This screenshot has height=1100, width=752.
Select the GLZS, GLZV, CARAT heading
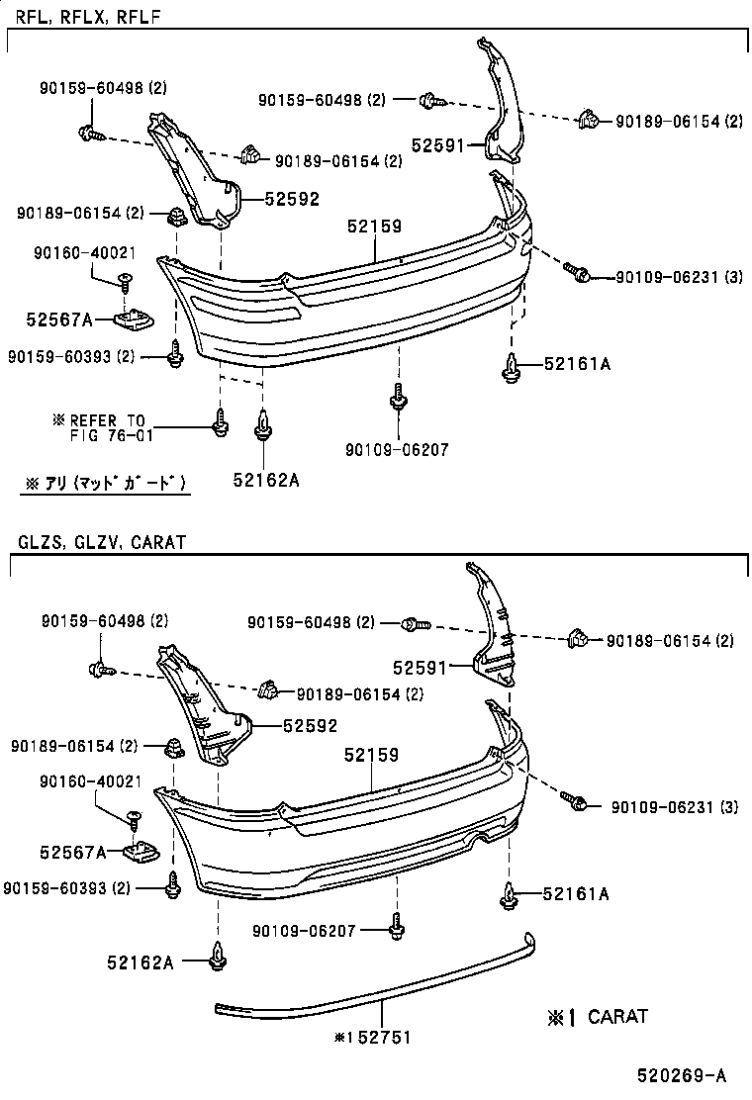point(101,542)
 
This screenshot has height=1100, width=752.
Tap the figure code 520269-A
point(680,1076)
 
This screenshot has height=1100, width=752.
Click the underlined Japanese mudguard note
point(104,483)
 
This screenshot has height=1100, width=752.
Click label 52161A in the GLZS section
point(575,894)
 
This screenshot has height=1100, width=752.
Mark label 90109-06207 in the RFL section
point(397,450)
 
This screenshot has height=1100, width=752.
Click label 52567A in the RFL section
point(58,320)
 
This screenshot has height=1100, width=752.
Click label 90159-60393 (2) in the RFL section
point(71,356)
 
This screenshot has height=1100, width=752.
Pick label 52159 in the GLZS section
point(371,755)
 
